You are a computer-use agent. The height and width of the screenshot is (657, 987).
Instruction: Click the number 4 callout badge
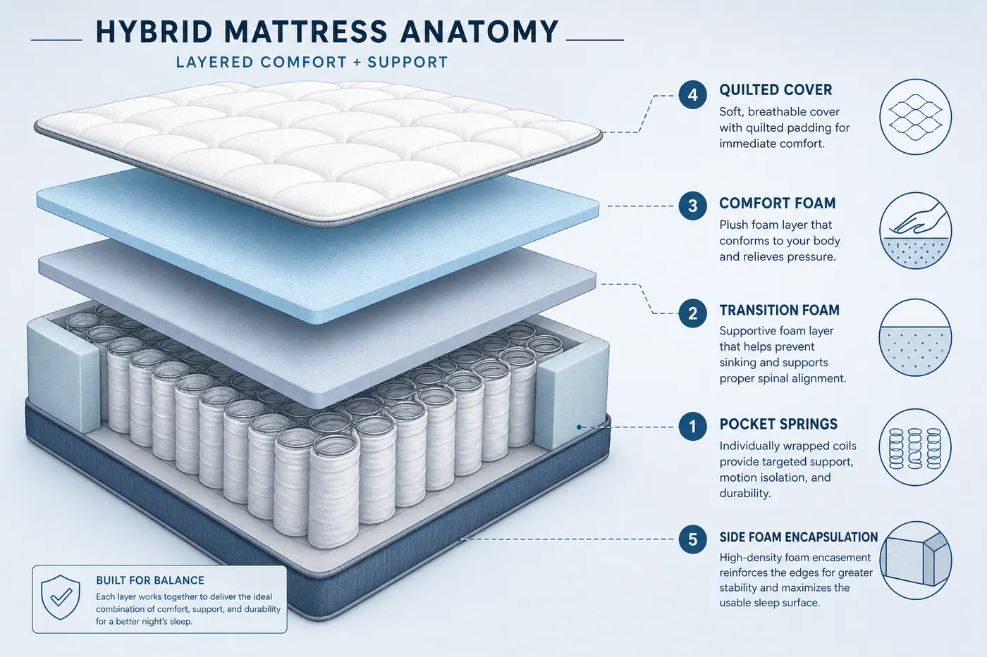692,94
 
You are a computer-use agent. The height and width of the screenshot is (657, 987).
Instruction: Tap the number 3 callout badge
692,206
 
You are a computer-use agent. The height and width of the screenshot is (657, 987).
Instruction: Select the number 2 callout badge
692,313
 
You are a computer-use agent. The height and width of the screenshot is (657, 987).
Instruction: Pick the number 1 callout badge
692,426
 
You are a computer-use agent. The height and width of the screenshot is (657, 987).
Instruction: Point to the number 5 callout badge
692,539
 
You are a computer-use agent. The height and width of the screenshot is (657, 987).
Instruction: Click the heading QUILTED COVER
775,89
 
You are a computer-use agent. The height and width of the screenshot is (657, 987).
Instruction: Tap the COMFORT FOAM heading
777,203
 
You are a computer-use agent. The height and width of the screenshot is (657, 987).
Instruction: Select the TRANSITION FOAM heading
780,311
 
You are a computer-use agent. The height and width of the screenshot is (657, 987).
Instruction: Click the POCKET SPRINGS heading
778,424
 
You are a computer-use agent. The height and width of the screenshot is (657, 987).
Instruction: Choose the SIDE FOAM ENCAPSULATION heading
798,537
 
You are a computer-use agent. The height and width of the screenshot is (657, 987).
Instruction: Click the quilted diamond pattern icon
916,117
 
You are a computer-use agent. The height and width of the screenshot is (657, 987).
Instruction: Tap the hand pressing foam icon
916,230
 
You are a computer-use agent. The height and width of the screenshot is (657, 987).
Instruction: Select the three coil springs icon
916,447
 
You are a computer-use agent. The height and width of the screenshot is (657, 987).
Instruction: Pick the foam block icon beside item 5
916,561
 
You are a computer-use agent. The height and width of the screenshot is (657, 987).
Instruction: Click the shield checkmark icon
61,597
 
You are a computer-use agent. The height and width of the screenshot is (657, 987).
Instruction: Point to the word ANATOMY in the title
479,32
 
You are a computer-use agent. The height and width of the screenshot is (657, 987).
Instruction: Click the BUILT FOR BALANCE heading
149,580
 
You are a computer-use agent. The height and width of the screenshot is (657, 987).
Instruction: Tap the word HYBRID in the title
154,32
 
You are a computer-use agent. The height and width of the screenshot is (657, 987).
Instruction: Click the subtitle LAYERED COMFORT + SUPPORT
312,62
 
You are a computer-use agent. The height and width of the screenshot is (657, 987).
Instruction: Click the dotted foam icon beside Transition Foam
916,337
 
